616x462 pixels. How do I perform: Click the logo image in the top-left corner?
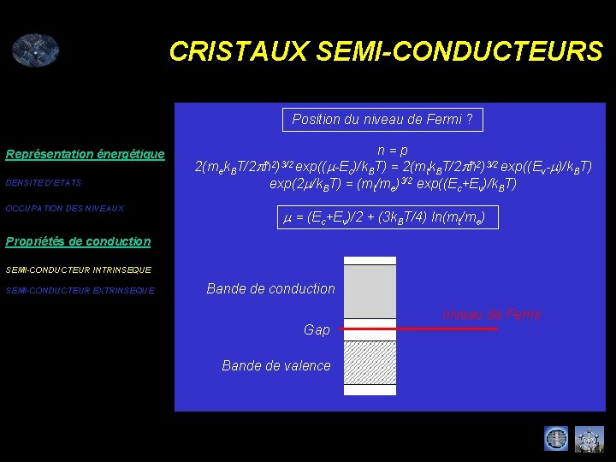(35, 50)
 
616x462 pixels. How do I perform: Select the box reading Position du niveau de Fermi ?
(382, 120)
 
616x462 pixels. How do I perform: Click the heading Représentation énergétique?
(85, 154)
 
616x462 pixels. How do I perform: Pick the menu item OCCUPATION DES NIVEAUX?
(65, 209)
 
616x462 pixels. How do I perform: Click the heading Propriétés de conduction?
(78, 241)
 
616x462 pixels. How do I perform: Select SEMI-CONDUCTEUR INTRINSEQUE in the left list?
(78, 270)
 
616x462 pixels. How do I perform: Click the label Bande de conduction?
(270, 289)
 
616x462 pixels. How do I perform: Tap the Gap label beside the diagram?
(317, 329)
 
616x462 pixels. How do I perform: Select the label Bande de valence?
(275, 365)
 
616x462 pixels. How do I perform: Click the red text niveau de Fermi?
(491, 315)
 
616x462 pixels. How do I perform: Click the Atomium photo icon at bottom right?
(589, 438)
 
